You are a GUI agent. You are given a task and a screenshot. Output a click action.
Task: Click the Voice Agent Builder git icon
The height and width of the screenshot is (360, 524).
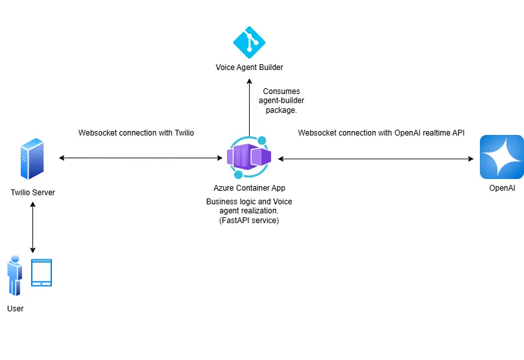point(250,42)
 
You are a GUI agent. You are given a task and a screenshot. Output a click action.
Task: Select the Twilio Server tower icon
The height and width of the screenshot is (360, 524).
point(32,158)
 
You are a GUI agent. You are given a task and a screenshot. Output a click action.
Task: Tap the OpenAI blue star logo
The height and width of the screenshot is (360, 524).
point(501,157)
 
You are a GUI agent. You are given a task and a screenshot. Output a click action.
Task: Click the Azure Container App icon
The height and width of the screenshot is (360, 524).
point(249,157)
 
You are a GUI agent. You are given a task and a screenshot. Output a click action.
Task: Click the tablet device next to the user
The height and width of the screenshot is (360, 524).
point(42,273)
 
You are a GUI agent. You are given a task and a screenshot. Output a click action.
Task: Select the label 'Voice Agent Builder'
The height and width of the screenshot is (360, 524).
point(250,67)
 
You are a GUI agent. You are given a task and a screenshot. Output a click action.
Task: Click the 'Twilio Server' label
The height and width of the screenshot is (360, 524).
point(32,192)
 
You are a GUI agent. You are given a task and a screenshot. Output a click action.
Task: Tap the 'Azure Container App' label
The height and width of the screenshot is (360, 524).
point(249,188)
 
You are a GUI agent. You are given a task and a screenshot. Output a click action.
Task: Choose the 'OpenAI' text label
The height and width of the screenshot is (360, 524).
point(501,188)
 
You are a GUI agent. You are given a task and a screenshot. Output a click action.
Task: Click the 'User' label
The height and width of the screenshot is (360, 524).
point(15,309)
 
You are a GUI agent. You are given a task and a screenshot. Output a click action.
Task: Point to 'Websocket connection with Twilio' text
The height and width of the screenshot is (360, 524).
point(136,133)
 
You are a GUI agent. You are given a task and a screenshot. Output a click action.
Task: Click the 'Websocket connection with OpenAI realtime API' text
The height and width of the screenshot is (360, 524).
point(381,133)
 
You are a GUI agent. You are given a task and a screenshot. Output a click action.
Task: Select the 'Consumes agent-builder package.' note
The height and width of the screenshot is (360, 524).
point(281,101)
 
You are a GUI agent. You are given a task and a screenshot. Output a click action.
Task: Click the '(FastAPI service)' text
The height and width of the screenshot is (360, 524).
point(249,221)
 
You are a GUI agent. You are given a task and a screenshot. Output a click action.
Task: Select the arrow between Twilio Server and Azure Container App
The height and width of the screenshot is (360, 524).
point(139,158)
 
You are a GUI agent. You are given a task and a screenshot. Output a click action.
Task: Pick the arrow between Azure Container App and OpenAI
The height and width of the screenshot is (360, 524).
point(375,158)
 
